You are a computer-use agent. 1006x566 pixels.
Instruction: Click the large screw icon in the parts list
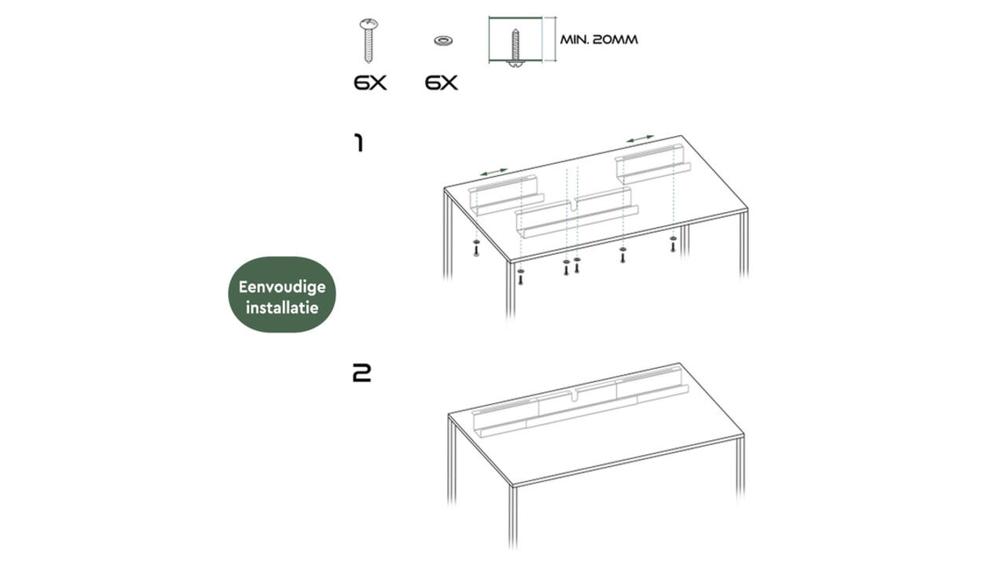(x=369, y=40)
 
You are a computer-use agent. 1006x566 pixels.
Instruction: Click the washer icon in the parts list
(x=442, y=41)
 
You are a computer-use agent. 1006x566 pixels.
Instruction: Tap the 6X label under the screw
(x=370, y=83)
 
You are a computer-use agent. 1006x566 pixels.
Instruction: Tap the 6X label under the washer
(x=442, y=83)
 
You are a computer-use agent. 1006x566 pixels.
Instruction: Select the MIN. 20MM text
(x=599, y=39)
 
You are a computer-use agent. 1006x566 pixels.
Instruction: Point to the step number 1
(x=358, y=143)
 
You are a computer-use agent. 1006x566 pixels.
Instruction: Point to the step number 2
(x=362, y=373)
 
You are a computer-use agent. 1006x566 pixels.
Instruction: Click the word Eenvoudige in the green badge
(x=282, y=287)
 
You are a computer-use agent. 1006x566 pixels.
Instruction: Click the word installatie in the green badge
(x=282, y=307)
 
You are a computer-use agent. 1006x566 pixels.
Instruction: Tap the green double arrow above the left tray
(x=494, y=172)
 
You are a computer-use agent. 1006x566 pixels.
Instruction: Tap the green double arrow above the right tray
(x=640, y=138)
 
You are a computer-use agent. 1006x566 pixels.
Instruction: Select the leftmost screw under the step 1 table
(x=476, y=248)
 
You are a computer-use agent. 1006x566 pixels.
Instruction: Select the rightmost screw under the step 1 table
(x=673, y=244)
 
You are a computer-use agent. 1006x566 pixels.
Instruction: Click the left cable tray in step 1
(x=505, y=197)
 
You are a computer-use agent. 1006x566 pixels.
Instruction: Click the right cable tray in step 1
(x=653, y=165)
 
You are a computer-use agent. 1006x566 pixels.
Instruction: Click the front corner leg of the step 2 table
(x=512, y=516)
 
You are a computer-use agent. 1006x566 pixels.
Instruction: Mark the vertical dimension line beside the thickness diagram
(x=556, y=39)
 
